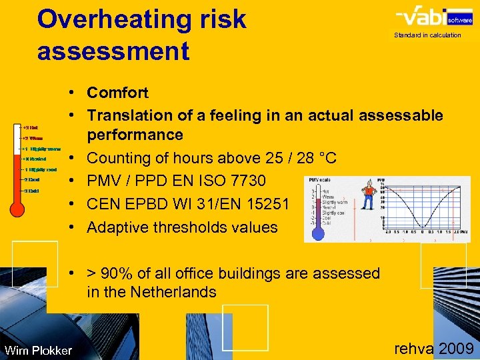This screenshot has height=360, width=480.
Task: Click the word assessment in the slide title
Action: pyautogui.click(x=113, y=50)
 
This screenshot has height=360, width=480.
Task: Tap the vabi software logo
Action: pyautogui.click(x=427, y=16)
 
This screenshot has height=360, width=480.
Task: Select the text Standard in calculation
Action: pyautogui.click(x=427, y=35)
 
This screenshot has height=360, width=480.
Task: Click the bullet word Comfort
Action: pyautogui.click(x=117, y=93)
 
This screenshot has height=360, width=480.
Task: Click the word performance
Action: pyautogui.click(x=135, y=135)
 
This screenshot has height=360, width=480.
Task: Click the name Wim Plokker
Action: pyautogui.click(x=37, y=350)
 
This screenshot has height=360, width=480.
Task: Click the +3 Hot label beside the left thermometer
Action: pyautogui.click(x=29, y=127)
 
